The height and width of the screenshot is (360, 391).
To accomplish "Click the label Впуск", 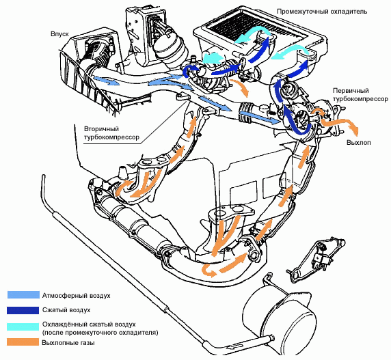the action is tap(59, 34).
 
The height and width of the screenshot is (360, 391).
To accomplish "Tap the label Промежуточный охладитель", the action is tap(322, 12).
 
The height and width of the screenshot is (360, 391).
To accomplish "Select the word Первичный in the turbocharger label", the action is tap(351, 91).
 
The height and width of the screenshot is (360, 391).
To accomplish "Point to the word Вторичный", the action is tap(101, 129).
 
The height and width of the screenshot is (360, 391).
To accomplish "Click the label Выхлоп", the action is tap(359, 143).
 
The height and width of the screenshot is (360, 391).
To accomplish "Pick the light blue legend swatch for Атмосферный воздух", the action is tap(23, 295).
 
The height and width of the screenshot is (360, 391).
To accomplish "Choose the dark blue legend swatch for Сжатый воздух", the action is tap(23, 310).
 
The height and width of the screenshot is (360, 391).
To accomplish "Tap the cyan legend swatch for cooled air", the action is tap(23, 327).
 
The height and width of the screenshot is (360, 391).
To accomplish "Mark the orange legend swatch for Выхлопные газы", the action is tap(23, 342).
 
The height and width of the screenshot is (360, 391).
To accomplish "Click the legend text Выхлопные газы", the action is tap(68, 343).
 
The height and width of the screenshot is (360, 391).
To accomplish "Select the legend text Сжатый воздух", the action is tap(66, 310).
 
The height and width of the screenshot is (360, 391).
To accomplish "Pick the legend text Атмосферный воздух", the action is tap(77, 296).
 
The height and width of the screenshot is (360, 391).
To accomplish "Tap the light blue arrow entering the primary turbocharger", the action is tap(259, 117).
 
